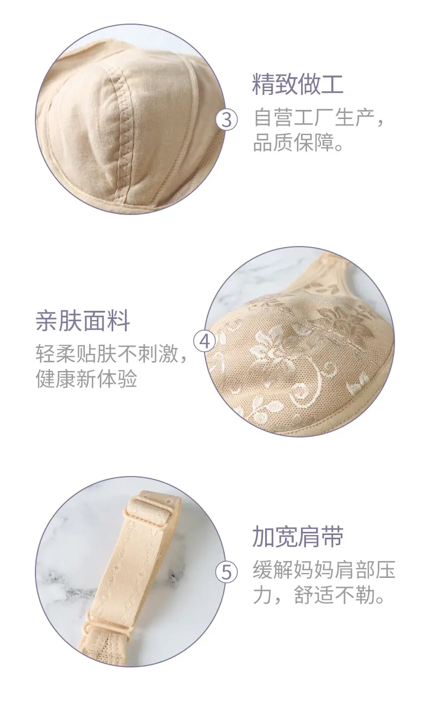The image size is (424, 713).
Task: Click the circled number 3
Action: coord(226,120)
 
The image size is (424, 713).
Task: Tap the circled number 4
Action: coord(204,341)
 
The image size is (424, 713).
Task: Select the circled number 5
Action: coord(226,573)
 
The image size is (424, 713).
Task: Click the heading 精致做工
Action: coord(298,84)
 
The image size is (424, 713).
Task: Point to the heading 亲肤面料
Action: coord(83,321)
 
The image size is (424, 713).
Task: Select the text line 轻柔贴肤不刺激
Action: coord(107,354)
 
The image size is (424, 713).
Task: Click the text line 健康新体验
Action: coord(86,379)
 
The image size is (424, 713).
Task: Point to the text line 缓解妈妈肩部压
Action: coord(324,570)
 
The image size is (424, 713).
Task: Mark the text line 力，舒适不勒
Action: coord(314,596)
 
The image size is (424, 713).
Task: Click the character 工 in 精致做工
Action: coord(332,84)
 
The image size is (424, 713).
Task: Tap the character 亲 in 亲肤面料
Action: coord(47,321)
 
